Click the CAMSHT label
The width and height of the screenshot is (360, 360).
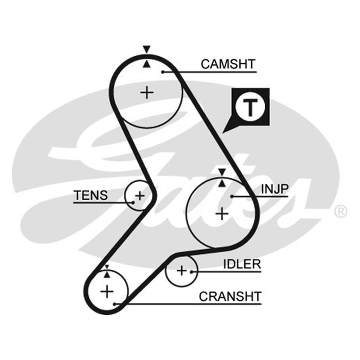coord(228,64)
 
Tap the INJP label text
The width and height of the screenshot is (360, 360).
coord(274,189)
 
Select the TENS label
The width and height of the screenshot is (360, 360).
coord(91,195)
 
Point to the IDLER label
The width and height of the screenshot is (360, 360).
coord(242,264)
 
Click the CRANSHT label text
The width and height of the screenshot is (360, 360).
coord(230,297)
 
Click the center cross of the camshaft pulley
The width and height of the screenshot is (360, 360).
coord(147,93)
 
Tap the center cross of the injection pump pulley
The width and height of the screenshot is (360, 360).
coord(222,214)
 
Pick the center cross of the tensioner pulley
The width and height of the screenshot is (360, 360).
coord(140,196)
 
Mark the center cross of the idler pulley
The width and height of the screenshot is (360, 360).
coord(182,271)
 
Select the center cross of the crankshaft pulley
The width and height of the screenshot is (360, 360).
coord(107,291)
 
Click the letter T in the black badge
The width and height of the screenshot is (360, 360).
coord(250,108)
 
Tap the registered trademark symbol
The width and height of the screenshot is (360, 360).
coord(341,211)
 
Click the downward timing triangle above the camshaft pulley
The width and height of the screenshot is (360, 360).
coord(147,49)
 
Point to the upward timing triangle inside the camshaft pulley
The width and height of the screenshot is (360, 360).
coord(147,64)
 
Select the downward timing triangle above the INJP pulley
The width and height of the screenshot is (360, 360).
coord(222,172)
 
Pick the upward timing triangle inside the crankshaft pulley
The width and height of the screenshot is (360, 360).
coord(107,274)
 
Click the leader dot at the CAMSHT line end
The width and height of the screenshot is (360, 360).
coord(162,72)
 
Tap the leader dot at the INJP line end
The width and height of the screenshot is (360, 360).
coord(232,197)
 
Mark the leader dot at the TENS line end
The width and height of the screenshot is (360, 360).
coord(133,202)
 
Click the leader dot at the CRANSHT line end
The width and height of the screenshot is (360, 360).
coord(115,304)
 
